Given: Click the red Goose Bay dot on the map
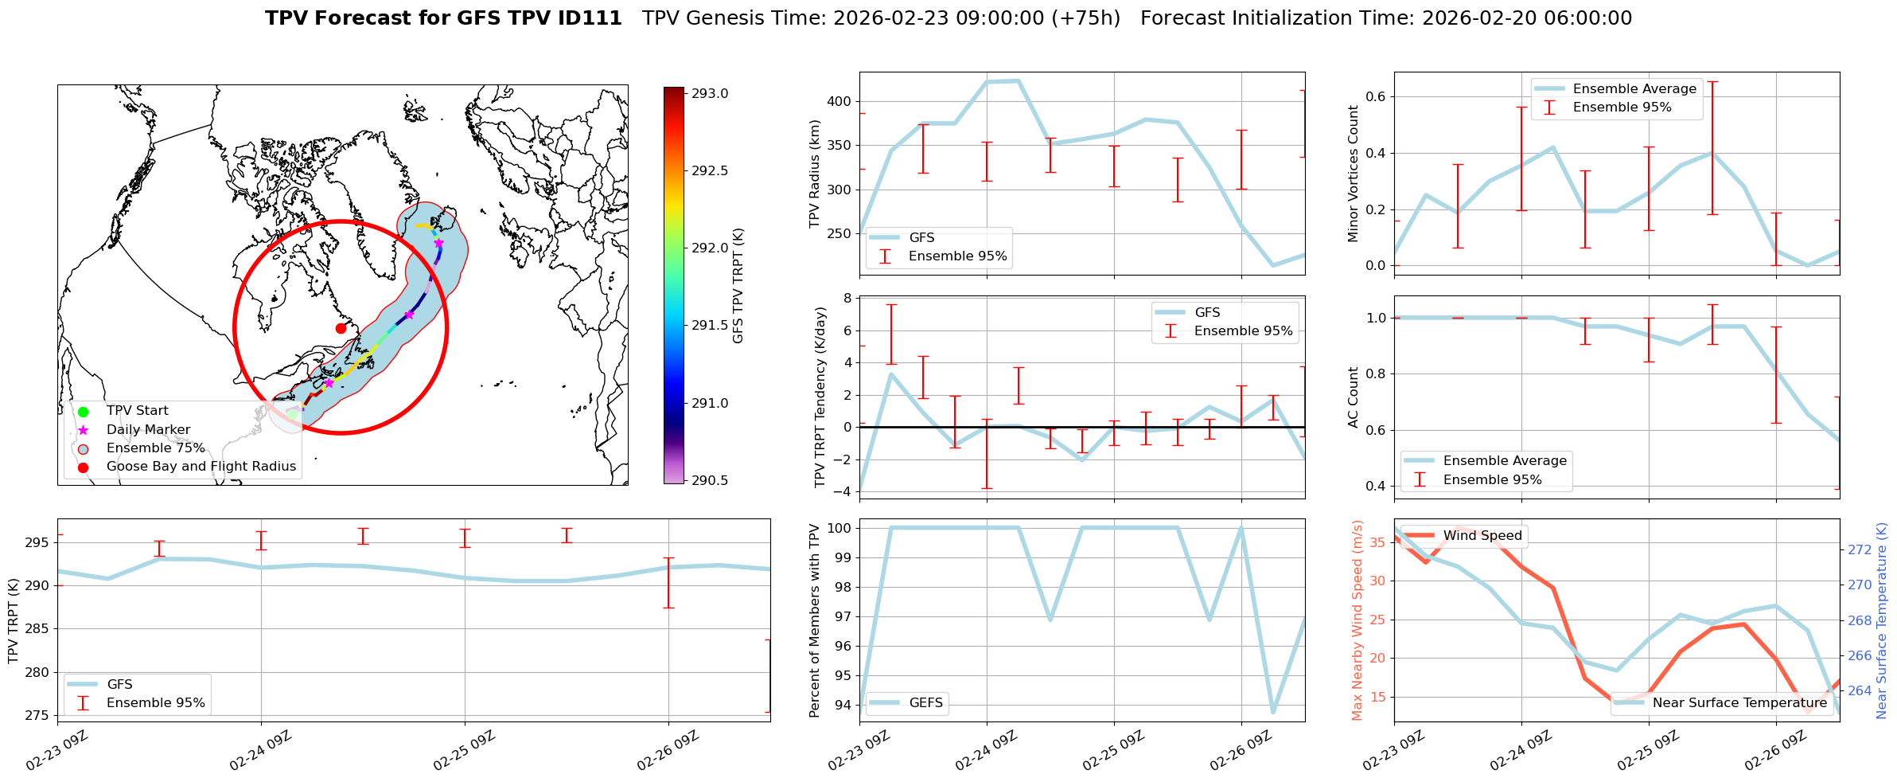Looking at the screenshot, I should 341,328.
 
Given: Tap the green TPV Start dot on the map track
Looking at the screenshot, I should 292,414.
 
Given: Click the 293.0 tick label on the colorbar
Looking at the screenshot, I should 710,93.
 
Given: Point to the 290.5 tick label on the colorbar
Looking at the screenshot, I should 710,480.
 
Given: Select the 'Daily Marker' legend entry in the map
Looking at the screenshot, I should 148,429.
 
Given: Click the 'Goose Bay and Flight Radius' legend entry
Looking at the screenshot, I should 201,467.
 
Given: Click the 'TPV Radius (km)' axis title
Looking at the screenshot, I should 814,174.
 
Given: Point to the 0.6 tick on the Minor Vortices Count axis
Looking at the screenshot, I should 1375,96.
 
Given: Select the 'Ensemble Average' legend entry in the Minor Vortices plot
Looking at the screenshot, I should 1634,88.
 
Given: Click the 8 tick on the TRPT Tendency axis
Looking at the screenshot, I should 847,298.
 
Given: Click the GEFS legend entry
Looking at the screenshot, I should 925,702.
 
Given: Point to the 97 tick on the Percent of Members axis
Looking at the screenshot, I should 843,616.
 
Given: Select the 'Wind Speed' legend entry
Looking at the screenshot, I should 1482,535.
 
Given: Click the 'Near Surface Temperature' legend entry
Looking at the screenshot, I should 1739,702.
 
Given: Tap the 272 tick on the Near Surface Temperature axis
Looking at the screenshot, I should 1860,549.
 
